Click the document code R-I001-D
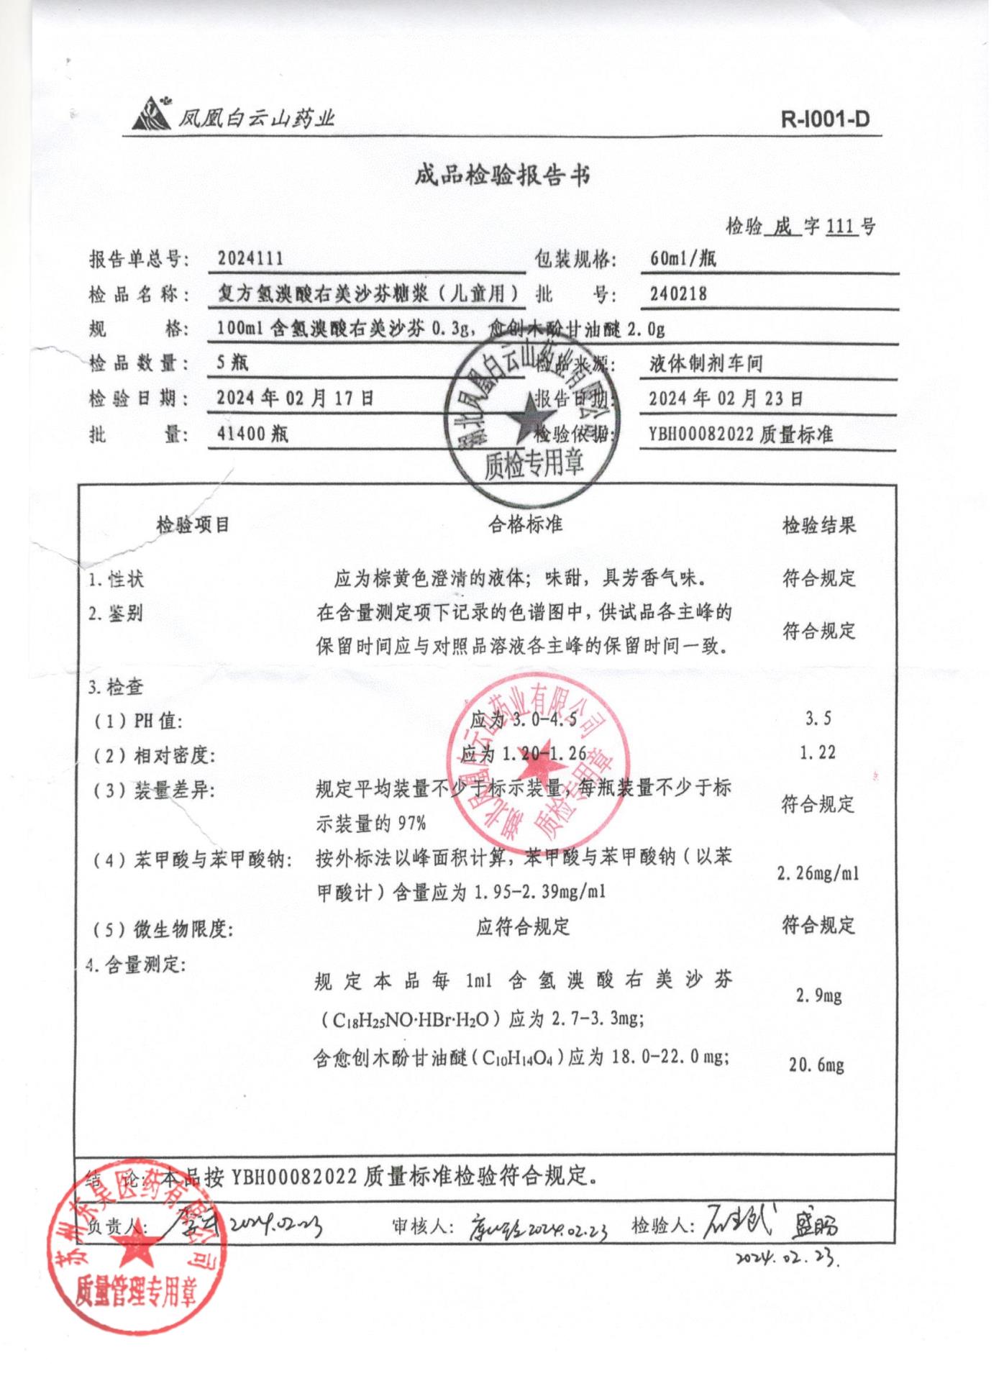825,119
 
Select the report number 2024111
250,259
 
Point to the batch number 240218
678,293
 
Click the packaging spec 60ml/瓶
683,258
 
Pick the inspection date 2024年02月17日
296,398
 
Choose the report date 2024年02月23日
726,398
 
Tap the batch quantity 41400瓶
252,434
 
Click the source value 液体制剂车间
706,364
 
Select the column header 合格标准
525,524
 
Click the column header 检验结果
819,525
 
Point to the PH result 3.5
818,719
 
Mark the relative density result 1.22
818,753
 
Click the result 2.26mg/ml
818,874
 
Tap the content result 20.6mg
816,1065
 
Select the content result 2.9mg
818,995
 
